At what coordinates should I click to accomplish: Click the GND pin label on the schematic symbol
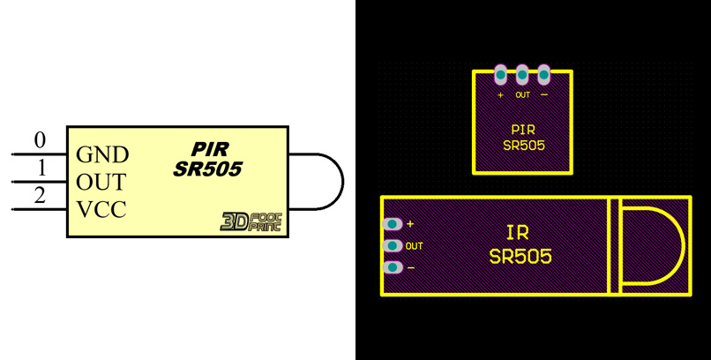click(x=102, y=155)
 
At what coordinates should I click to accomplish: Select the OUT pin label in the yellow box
click(x=101, y=183)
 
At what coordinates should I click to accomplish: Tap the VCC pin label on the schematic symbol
click(x=101, y=210)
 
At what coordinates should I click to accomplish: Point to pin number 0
click(x=40, y=140)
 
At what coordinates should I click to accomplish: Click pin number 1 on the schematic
click(x=40, y=168)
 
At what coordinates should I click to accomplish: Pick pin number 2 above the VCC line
click(x=40, y=196)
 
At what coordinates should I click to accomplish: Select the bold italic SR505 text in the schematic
click(x=208, y=169)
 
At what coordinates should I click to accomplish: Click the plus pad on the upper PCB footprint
click(x=501, y=74)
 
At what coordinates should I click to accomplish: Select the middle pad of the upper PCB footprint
click(x=522, y=74)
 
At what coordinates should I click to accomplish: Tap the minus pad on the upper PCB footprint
click(x=543, y=74)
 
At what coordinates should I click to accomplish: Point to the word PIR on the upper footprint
click(x=523, y=129)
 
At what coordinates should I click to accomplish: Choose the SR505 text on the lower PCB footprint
click(x=520, y=257)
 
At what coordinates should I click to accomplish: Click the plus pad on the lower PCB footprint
click(x=393, y=224)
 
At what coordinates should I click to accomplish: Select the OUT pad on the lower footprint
click(x=393, y=245)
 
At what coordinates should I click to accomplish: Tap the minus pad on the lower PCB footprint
click(x=393, y=267)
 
